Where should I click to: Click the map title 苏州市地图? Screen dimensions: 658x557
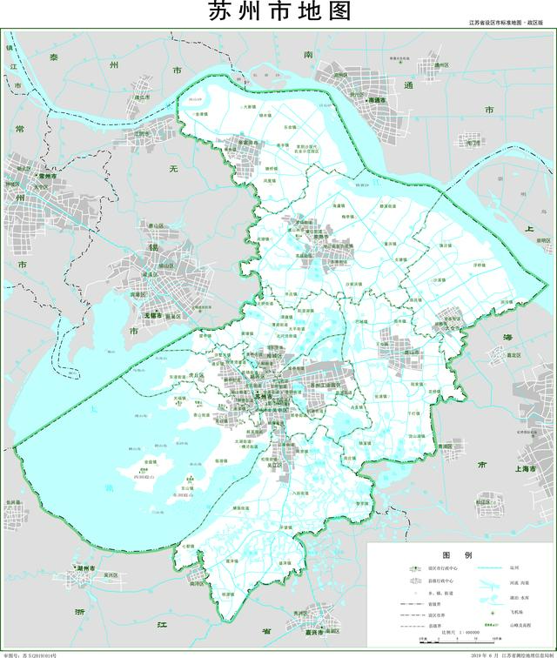[x=278, y=13]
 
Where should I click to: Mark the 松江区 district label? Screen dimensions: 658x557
[x=483, y=501]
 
